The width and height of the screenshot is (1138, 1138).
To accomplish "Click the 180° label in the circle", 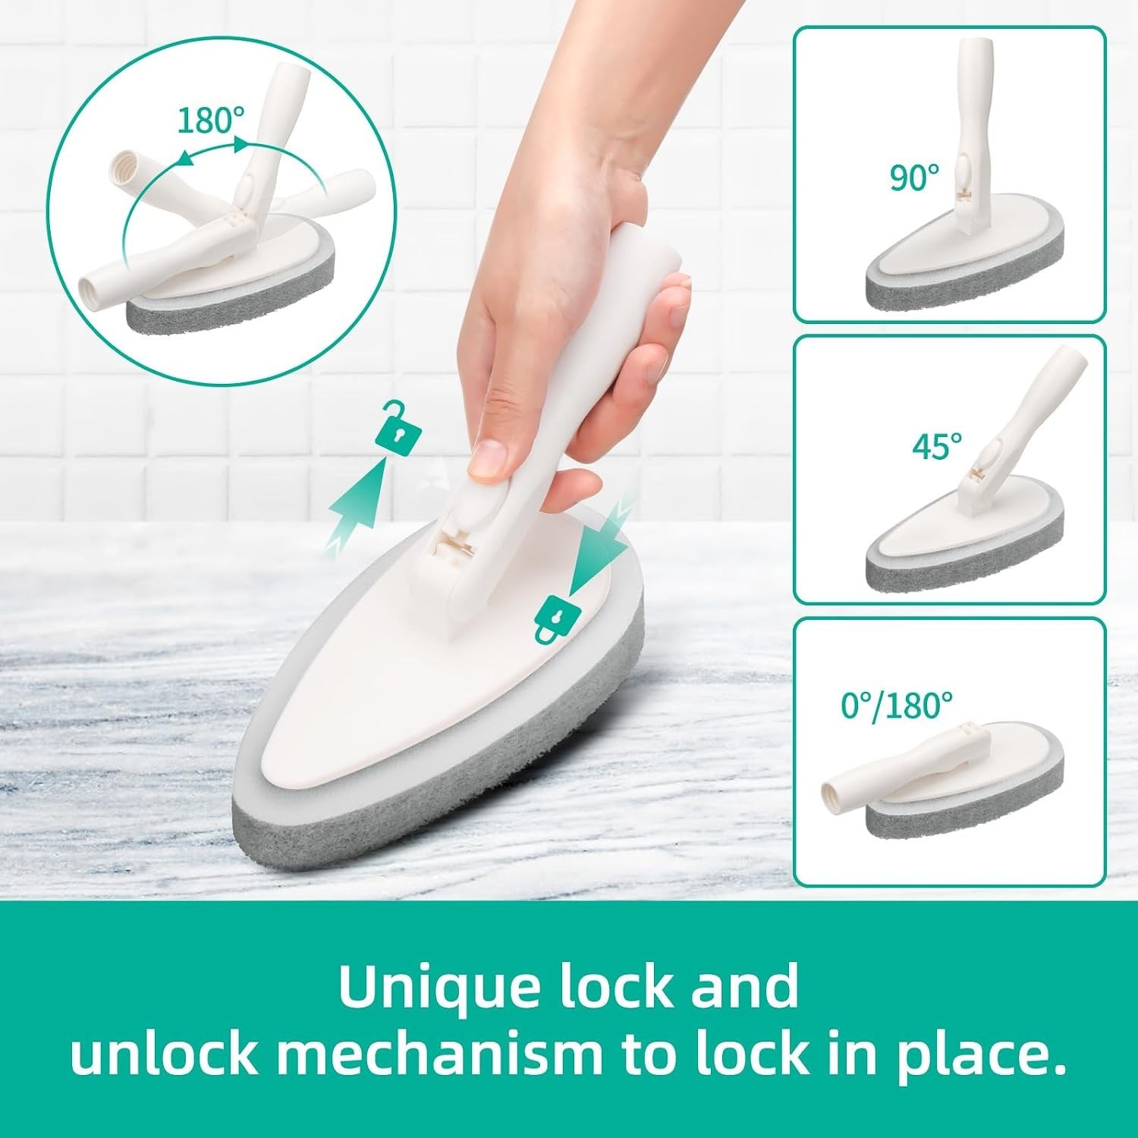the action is tap(212, 120).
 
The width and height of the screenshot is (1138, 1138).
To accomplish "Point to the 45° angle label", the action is tap(937, 445).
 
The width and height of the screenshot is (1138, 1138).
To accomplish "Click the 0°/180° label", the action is tap(897, 705).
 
